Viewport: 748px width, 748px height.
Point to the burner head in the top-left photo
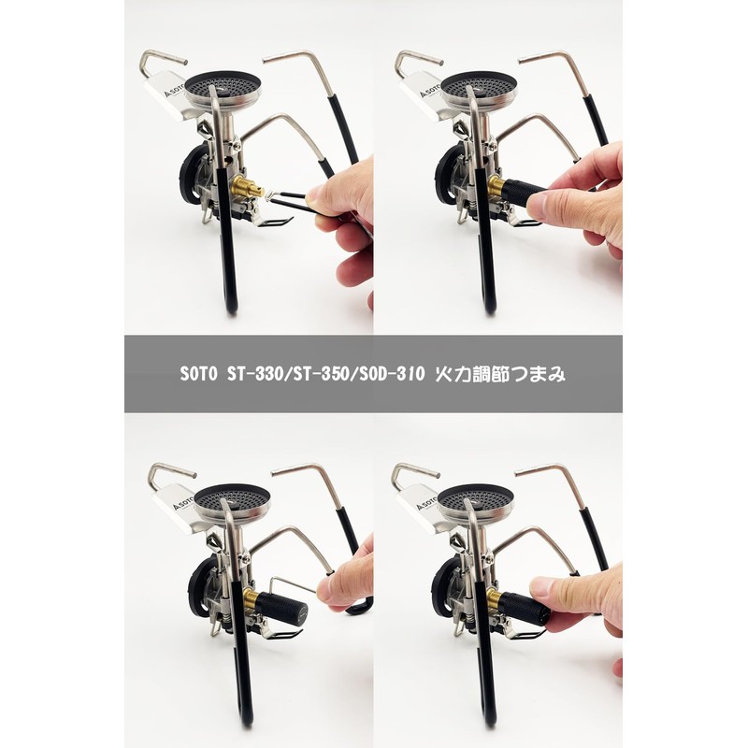tap(222, 92)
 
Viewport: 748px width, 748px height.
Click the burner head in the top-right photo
tap(479, 91)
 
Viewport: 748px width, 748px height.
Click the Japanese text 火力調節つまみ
tap(500, 374)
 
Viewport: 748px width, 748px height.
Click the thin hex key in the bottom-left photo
tap(292, 585)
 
